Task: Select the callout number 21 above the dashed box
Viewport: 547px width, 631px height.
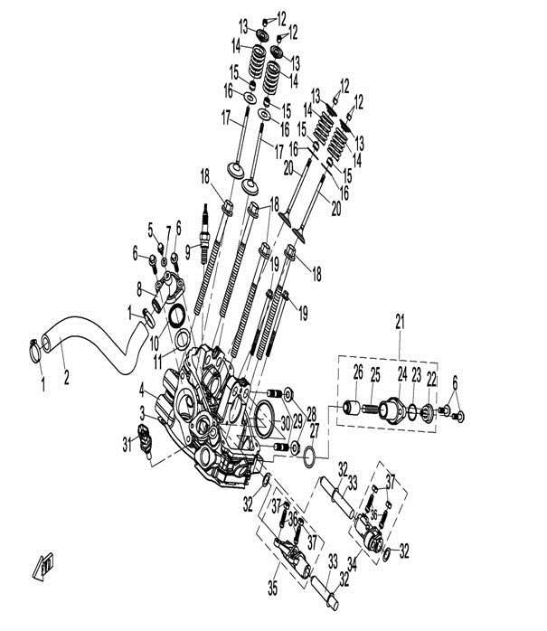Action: pyautogui.click(x=399, y=319)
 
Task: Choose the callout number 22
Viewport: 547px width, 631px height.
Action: pyautogui.click(x=432, y=376)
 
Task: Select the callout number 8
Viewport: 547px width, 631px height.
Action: pyautogui.click(x=139, y=290)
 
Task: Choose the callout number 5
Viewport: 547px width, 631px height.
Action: pyautogui.click(x=151, y=228)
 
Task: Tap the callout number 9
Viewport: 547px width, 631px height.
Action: pyautogui.click(x=187, y=249)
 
